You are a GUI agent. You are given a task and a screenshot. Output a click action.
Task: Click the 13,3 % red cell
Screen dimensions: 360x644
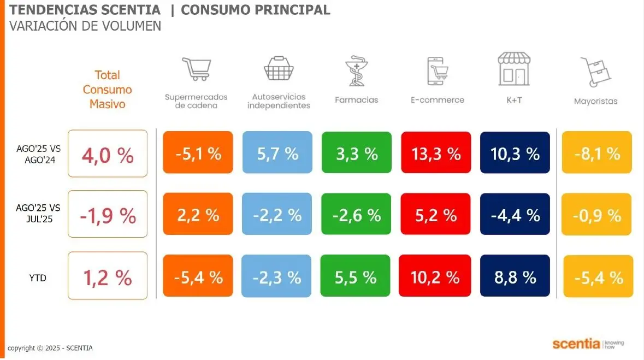point(436,154)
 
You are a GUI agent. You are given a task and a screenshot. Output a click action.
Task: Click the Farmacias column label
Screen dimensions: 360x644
point(356,100)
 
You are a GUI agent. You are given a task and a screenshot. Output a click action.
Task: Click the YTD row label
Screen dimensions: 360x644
point(38,278)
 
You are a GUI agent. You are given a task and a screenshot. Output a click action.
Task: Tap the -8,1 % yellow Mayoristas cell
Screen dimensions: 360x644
point(597,154)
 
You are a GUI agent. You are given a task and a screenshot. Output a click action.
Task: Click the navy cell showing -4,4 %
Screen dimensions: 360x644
point(515,215)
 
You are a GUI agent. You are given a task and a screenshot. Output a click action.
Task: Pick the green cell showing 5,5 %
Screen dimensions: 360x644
point(355,277)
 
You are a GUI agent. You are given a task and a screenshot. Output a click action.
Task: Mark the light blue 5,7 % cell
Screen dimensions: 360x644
point(277,154)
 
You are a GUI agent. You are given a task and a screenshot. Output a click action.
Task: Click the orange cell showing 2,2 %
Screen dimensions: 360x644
point(198,215)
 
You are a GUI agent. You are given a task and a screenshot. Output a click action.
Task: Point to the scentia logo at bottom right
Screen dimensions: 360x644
point(588,344)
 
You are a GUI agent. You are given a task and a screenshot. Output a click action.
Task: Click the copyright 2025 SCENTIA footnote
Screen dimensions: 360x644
point(50,348)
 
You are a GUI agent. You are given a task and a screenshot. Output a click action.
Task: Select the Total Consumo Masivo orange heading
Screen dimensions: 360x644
point(108,89)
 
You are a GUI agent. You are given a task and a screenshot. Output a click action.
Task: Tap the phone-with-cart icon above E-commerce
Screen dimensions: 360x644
point(437,71)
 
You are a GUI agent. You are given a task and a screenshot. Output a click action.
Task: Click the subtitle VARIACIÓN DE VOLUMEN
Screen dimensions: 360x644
point(85,26)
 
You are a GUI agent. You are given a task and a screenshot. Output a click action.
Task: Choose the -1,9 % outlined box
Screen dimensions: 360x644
point(108,215)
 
